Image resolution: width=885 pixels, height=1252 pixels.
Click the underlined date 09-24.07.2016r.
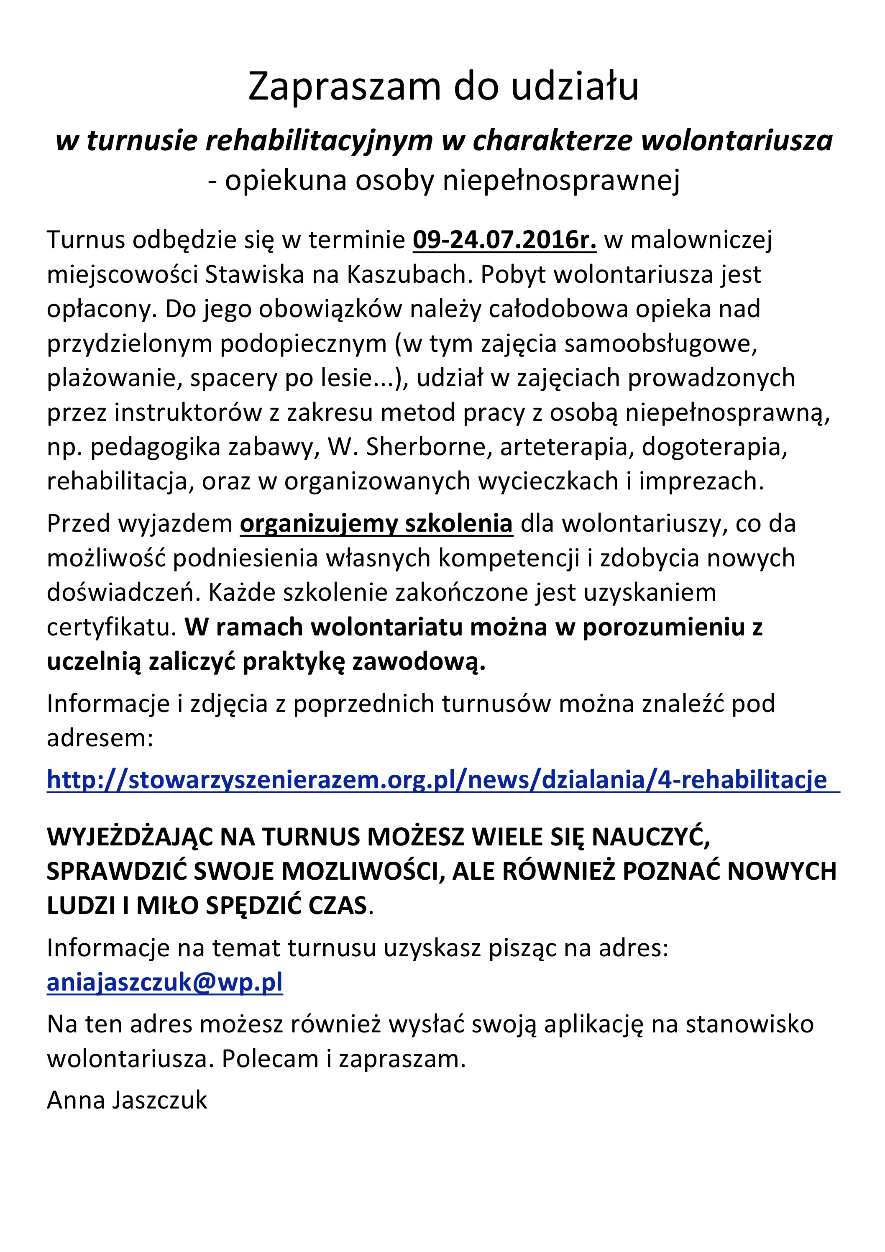(x=504, y=240)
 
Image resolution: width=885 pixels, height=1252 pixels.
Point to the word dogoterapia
(x=714, y=447)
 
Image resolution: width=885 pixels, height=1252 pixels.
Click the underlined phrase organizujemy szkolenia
(x=376, y=523)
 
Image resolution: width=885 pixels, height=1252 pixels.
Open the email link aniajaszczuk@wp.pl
(x=165, y=983)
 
